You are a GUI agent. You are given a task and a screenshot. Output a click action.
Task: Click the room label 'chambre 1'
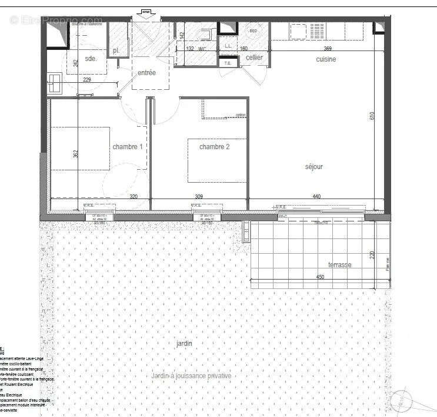[128, 146]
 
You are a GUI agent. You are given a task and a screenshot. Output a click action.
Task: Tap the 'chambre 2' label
[214, 146]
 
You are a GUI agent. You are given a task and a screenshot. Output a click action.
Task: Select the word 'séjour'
[313, 167]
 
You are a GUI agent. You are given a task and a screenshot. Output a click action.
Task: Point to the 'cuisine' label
[326, 59]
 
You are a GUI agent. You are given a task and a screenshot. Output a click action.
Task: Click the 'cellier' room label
[254, 58]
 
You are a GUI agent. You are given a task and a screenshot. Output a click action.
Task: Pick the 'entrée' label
[146, 73]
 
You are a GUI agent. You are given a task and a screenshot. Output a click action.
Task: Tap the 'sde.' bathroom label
[91, 59]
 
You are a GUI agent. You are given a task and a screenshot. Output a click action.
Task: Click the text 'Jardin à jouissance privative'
[191, 376]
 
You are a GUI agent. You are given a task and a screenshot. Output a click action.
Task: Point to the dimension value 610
[372, 116]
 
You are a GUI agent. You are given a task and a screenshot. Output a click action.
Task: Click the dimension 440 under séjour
[316, 197]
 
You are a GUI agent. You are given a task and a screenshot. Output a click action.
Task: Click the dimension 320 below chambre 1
[134, 197]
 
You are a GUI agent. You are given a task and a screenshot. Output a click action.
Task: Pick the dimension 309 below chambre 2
[199, 197]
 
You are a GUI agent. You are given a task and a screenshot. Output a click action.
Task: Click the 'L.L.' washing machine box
[228, 45]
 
